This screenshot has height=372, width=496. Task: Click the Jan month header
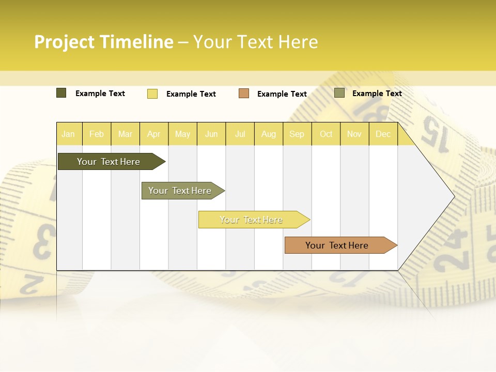69,134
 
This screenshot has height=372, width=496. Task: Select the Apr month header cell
154,134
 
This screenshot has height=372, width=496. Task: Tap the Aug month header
269,134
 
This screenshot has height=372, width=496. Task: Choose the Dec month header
383,134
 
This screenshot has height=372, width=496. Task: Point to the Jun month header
211,134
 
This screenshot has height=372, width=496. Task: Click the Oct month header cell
326,134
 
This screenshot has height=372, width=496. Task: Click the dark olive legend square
61,93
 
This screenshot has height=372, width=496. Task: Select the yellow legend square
152,94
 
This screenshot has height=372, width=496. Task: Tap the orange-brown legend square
244,94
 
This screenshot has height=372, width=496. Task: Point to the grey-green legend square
339,93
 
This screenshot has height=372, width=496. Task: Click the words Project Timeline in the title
104,42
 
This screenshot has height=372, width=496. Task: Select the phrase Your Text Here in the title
255,42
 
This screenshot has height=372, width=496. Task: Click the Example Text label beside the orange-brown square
282,94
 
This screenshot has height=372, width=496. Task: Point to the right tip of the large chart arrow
454,196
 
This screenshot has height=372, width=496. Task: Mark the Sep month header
297,134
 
